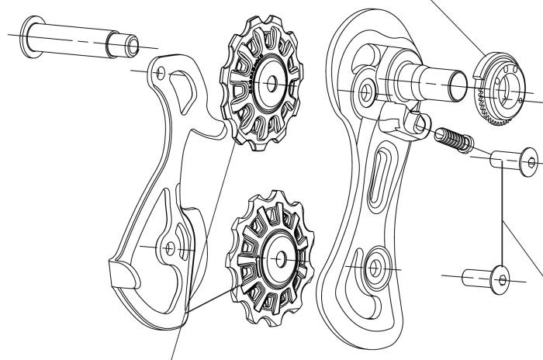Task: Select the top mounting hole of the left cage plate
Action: pyautogui.click(x=161, y=73)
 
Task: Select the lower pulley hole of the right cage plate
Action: pyautogui.click(x=375, y=266)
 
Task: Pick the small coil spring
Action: pyautogui.click(x=453, y=140)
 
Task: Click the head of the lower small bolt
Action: pyautogui.click(x=500, y=278)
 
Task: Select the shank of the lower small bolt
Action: pyautogui.click(x=476, y=276)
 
